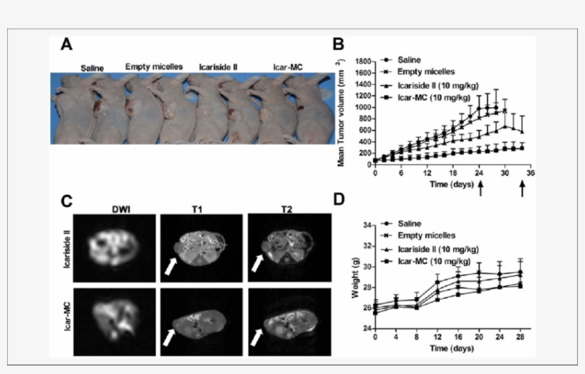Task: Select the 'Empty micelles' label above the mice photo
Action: tap(154, 66)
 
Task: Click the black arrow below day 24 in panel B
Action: tap(481, 188)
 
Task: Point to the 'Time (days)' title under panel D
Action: tap(449, 348)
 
